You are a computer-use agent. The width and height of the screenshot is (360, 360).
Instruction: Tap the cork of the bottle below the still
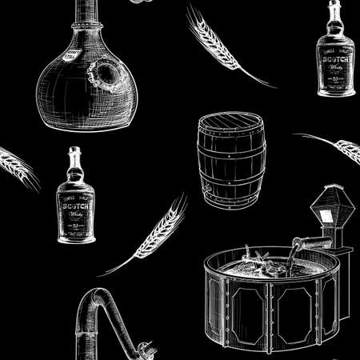tap(75, 152)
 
